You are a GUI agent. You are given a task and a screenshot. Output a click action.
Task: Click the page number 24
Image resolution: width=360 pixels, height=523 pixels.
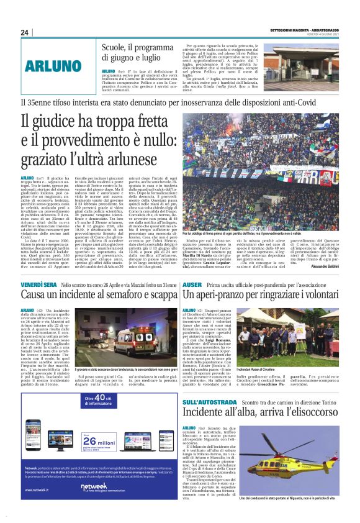24,32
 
